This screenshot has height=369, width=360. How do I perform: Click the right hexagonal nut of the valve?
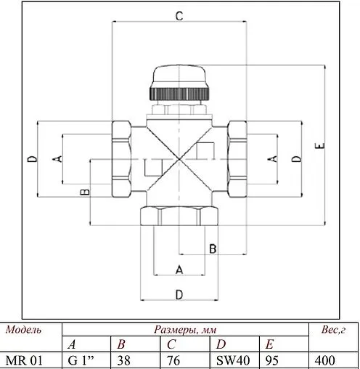(x=237, y=158)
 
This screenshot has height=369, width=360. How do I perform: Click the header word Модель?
(x=23, y=330)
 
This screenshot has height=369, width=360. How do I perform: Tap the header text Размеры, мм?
(x=184, y=330)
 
